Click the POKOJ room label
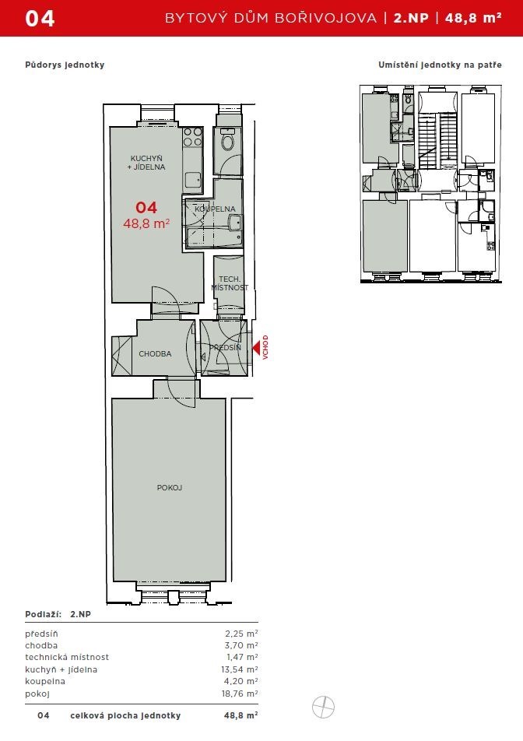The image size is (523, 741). click(x=169, y=488)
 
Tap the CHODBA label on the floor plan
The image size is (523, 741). click(x=155, y=354)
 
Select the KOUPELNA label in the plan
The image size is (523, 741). click(x=215, y=209)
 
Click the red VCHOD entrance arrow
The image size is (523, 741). click(x=255, y=348)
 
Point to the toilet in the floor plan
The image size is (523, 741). click(x=228, y=140)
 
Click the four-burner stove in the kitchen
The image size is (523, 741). click(x=193, y=136)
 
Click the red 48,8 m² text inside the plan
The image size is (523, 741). click(x=146, y=223)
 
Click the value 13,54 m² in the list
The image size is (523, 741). click(x=240, y=669)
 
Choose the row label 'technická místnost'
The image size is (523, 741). click(x=67, y=658)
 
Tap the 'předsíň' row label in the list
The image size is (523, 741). click(x=41, y=634)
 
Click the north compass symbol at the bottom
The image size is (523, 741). click(x=323, y=708)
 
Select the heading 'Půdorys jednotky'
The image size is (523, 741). click(x=65, y=65)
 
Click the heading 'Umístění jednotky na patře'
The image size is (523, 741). click(x=440, y=65)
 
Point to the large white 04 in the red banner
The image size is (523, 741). click(x=40, y=19)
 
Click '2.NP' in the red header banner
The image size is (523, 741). click(x=411, y=18)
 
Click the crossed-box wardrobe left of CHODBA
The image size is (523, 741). click(x=122, y=356)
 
